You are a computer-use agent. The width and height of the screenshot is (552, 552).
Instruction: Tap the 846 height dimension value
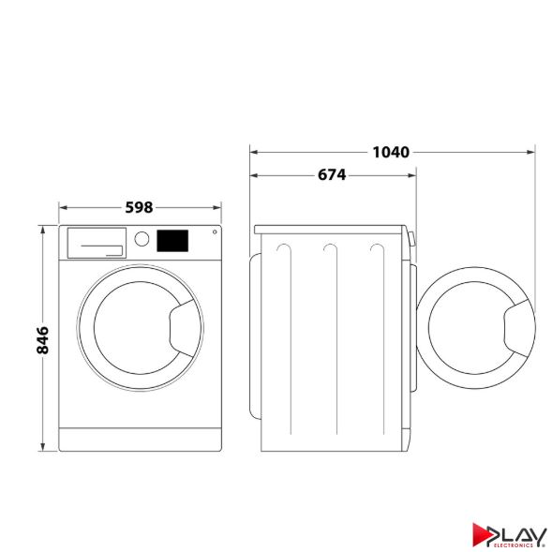pyautogui.click(x=42, y=339)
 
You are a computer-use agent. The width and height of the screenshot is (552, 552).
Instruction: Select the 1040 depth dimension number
pyautogui.click(x=391, y=151)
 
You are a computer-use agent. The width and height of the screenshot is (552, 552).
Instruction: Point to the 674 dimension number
pyautogui.click(x=331, y=174)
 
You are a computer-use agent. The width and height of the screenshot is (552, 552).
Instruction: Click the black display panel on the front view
pyautogui.click(x=172, y=240)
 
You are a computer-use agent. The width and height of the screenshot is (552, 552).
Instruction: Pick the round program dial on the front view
pyautogui.click(x=142, y=238)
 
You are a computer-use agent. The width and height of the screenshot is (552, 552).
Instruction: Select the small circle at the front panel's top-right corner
pyautogui.click(x=215, y=232)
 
